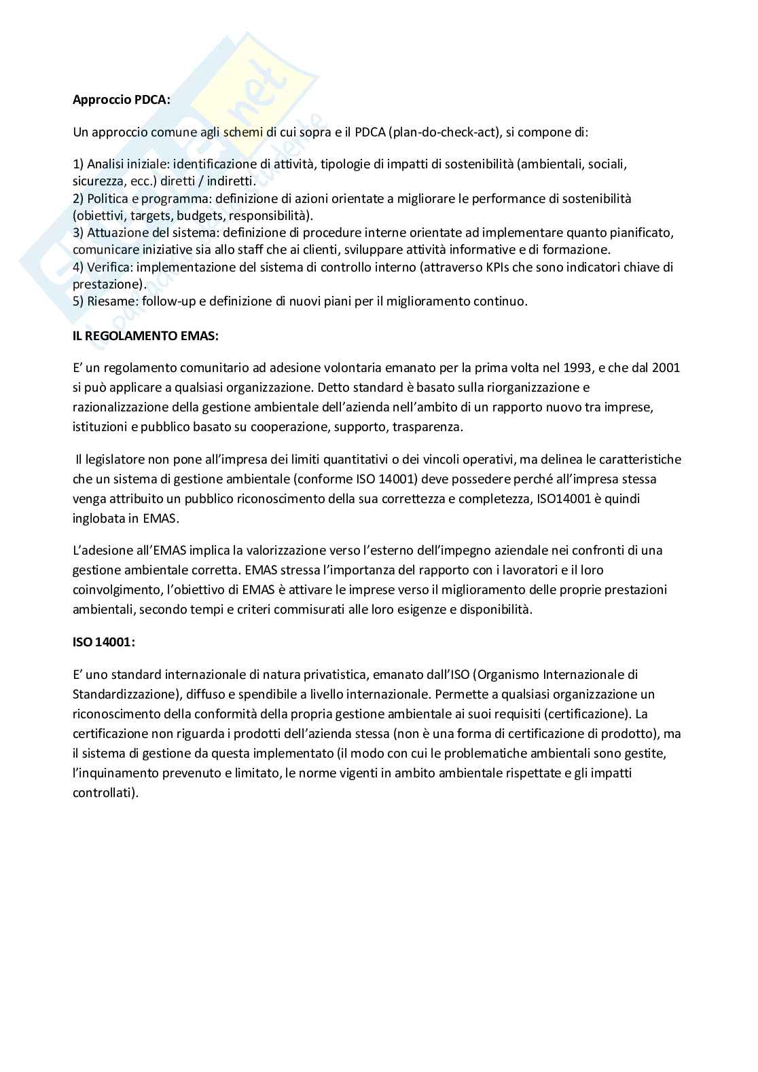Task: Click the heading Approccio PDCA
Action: pos(122,99)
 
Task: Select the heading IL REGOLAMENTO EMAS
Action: pos(145,335)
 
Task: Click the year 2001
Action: pos(666,368)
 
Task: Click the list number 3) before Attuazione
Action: pos(78,233)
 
